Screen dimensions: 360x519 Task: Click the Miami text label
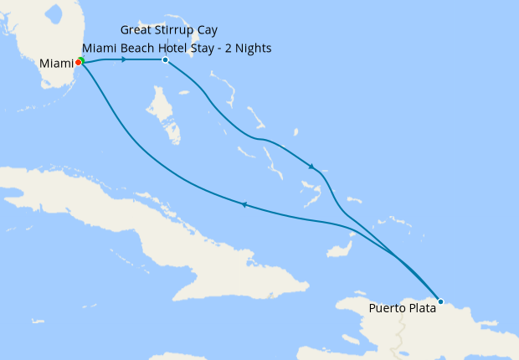tap(56, 63)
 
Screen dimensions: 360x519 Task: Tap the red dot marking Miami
tap(78, 62)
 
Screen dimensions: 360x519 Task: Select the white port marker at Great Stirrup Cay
tap(165, 59)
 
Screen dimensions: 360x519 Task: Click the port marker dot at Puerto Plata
tap(440, 301)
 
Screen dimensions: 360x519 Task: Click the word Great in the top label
tap(137, 30)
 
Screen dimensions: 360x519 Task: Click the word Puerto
tap(386, 308)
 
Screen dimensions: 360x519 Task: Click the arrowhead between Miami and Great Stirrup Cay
tap(124, 59)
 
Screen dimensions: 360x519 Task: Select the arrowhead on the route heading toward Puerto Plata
tap(311, 167)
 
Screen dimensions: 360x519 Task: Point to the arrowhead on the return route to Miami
tap(244, 204)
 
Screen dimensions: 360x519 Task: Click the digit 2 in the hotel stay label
tap(227, 48)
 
